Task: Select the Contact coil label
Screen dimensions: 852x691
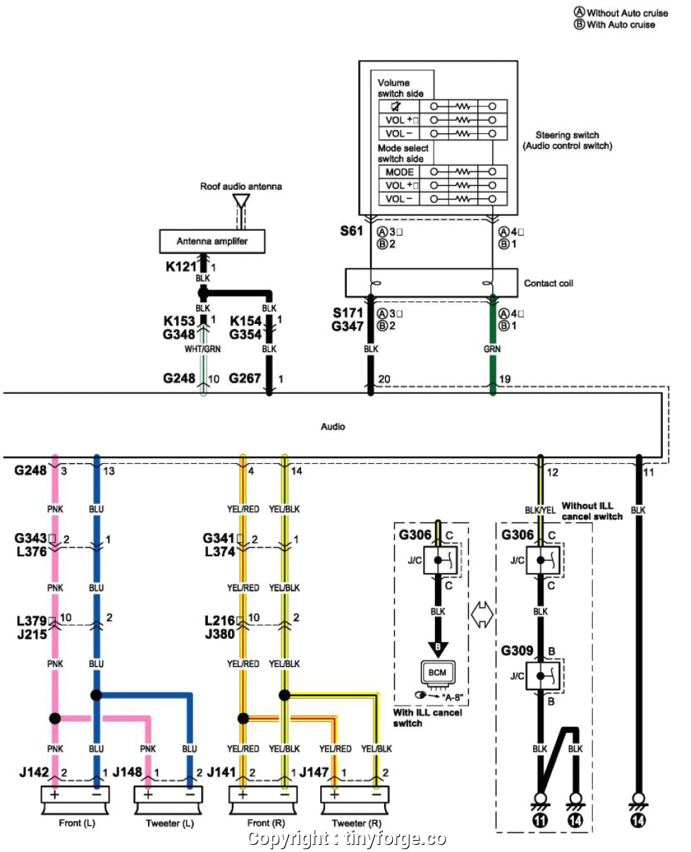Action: tap(548, 283)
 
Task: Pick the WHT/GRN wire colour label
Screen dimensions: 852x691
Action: tap(203, 349)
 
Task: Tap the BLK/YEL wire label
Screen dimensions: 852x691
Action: tap(541, 509)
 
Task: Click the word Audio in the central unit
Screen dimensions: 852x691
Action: tap(332, 426)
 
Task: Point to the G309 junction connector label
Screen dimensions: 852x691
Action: tap(518, 649)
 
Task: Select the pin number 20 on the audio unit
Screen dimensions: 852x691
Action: tap(384, 380)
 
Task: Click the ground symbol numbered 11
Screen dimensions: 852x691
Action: tap(540, 820)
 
